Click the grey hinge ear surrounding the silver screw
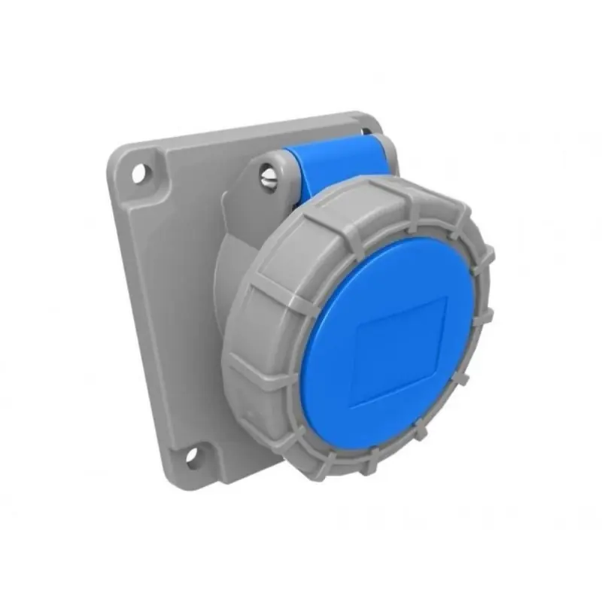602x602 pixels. pyautogui.click(x=260, y=169)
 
